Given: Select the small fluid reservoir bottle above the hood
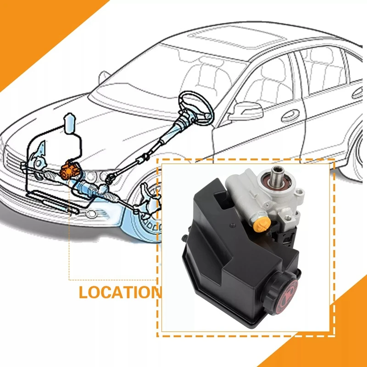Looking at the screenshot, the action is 70,124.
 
